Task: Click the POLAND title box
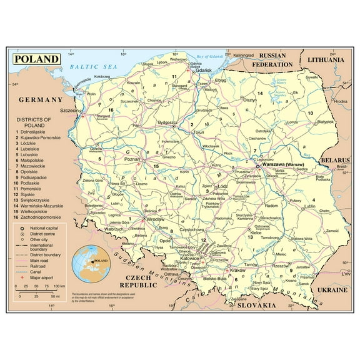click(37, 59)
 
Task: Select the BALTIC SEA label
click(94, 66)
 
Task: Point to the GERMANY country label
click(41, 99)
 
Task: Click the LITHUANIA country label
click(326, 60)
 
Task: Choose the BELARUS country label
click(334, 161)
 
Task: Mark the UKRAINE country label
click(331, 291)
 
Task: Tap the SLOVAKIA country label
click(252, 306)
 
